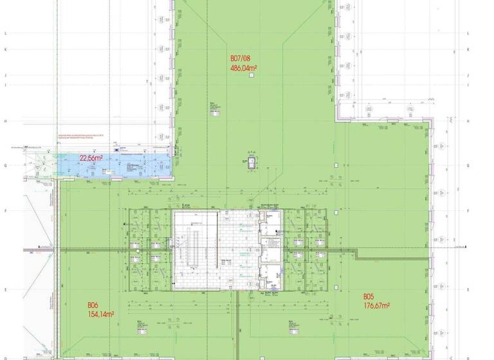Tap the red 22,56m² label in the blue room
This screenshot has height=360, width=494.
91,157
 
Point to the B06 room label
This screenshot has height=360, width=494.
93,305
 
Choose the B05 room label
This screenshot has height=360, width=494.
369,296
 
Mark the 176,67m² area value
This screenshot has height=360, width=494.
376,305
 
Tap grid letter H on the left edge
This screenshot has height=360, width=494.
5,121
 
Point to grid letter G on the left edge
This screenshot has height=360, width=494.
5,165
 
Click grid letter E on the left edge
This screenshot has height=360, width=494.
5,289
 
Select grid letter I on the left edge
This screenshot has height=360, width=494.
5,84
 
